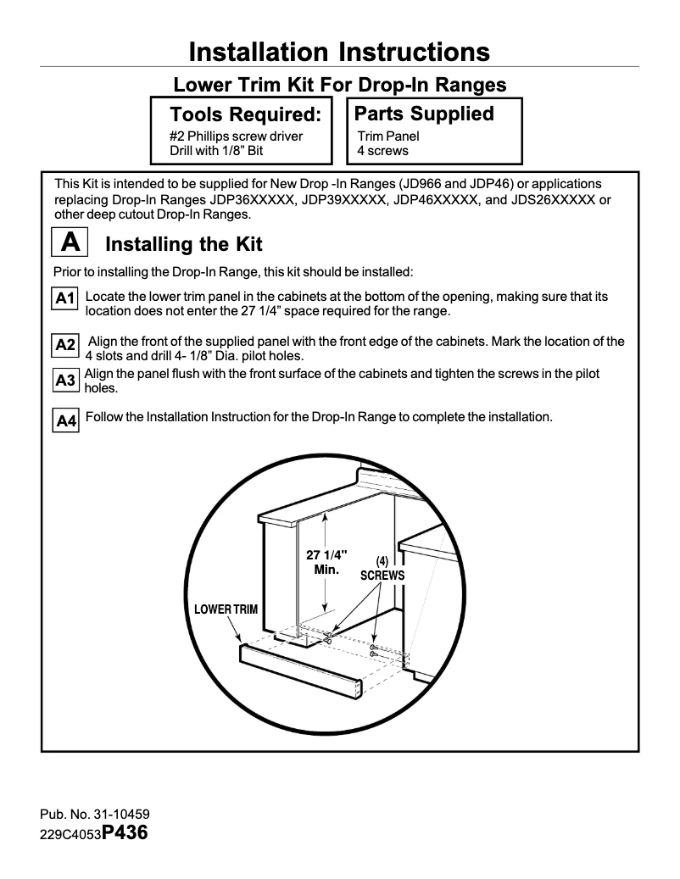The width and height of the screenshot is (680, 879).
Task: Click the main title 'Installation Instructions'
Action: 339,52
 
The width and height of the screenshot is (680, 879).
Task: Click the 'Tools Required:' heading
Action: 245,114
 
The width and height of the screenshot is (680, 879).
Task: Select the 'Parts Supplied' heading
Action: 423,114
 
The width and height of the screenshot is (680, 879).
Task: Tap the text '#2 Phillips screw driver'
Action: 236,136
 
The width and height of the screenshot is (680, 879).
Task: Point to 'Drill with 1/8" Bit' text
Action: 217,151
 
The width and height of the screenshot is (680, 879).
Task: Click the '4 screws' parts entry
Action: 382,151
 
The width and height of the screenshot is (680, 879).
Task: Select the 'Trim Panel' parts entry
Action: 388,136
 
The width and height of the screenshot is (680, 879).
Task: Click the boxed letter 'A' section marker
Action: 71,243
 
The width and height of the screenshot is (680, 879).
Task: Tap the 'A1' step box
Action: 66,298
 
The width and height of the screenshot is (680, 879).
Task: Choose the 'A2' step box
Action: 66,345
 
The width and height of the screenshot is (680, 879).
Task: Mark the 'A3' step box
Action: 66,381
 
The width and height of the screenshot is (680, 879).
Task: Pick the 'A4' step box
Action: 66,420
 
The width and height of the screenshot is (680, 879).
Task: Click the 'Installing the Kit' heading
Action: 183,245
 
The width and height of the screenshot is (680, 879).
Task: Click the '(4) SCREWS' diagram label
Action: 382,569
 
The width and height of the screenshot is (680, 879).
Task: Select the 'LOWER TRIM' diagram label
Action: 226,609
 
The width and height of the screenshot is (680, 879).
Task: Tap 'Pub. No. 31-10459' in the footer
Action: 95,815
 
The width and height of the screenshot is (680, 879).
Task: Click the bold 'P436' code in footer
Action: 125,832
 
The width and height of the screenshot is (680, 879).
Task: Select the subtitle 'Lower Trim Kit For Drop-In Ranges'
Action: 339,85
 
